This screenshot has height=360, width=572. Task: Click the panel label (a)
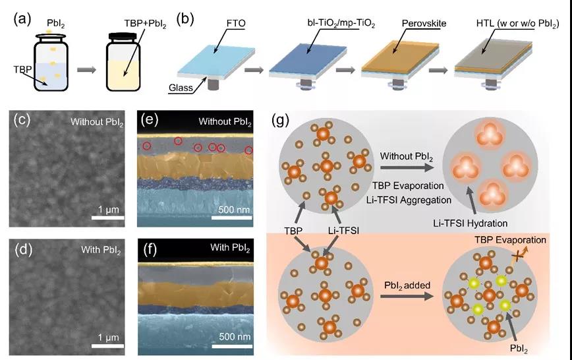point(22,19)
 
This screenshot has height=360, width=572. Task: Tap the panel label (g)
point(280,119)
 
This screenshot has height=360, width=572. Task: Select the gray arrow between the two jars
point(86,69)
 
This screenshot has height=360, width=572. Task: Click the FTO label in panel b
point(236,23)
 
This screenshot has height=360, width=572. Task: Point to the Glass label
point(181,88)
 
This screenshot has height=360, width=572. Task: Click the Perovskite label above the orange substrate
point(424,24)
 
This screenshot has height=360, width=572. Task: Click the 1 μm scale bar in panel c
point(108,218)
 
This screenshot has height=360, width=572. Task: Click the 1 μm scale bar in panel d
point(107,345)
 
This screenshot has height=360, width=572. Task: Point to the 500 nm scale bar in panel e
point(232,218)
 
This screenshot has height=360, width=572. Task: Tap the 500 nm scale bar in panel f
point(232,345)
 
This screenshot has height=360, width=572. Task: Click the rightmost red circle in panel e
point(249,150)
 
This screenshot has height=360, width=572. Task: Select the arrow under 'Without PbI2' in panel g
point(407,167)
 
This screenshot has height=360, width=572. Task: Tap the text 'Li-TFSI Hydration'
point(471,223)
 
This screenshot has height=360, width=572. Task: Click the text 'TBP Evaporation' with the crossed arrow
point(510,240)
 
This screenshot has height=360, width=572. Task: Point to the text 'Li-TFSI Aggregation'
point(409,200)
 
